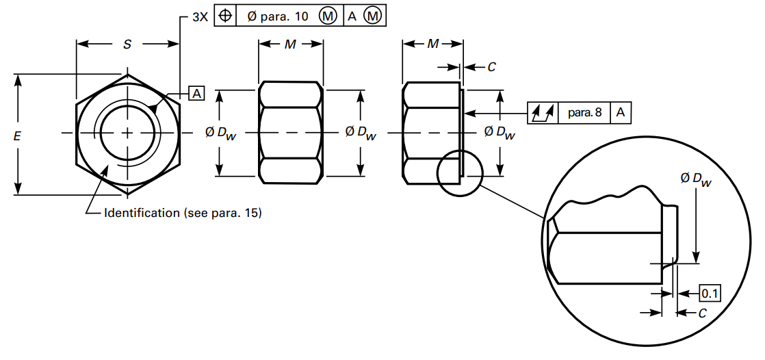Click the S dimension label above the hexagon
[x=127, y=44]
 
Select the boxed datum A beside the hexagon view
[x=196, y=93]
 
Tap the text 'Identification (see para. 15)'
[x=183, y=213]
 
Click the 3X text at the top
[x=199, y=16]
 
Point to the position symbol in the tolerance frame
[x=225, y=15]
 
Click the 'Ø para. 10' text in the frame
[x=277, y=16]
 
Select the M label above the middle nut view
[x=290, y=44]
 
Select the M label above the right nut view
[x=433, y=44]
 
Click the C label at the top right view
[x=491, y=67]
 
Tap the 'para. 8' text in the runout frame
[x=584, y=112]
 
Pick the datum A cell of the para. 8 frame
[x=620, y=112]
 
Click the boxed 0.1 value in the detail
[x=710, y=294]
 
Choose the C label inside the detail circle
[x=701, y=313]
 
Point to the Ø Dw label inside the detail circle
[x=695, y=180]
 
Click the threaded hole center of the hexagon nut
[x=127, y=132]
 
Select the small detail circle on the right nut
[x=460, y=173]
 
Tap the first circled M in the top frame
[x=328, y=16]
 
